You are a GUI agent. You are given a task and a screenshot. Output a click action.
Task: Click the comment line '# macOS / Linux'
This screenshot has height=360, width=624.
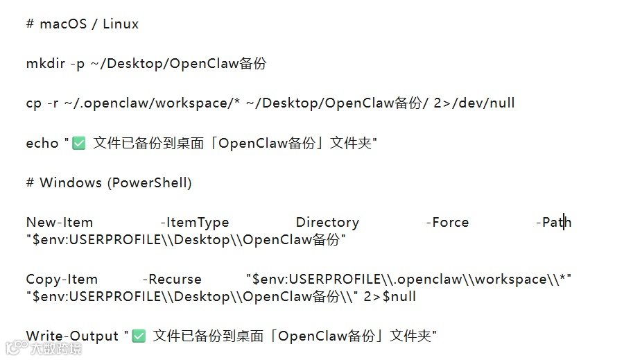(82, 24)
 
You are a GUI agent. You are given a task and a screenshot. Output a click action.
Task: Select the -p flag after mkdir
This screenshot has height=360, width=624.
(77, 64)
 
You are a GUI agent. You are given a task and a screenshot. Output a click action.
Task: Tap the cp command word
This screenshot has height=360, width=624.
(34, 103)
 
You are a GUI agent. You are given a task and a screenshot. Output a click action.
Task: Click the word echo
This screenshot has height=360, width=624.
(42, 144)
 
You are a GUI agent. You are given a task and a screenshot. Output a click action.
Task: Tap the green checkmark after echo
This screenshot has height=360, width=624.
(79, 144)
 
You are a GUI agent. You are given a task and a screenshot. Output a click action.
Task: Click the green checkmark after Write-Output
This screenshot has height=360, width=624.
(139, 336)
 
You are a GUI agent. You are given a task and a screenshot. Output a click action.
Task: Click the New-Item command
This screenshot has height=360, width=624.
(59, 223)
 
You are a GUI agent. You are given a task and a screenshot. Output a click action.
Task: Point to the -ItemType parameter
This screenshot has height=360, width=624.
(194, 223)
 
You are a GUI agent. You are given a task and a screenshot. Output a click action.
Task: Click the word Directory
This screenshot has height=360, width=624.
(327, 223)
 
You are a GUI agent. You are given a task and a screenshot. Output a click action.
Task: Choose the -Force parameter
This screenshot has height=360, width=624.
(447, 223)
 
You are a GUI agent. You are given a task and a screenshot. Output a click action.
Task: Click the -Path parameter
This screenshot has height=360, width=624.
(553, 223)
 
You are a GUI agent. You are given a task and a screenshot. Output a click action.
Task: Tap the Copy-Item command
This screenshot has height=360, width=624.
(62, 280)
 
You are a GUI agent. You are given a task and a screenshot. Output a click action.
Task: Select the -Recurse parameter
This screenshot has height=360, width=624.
(172, 280)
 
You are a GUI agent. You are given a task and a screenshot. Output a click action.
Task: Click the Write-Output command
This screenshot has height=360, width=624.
(72, 336)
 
